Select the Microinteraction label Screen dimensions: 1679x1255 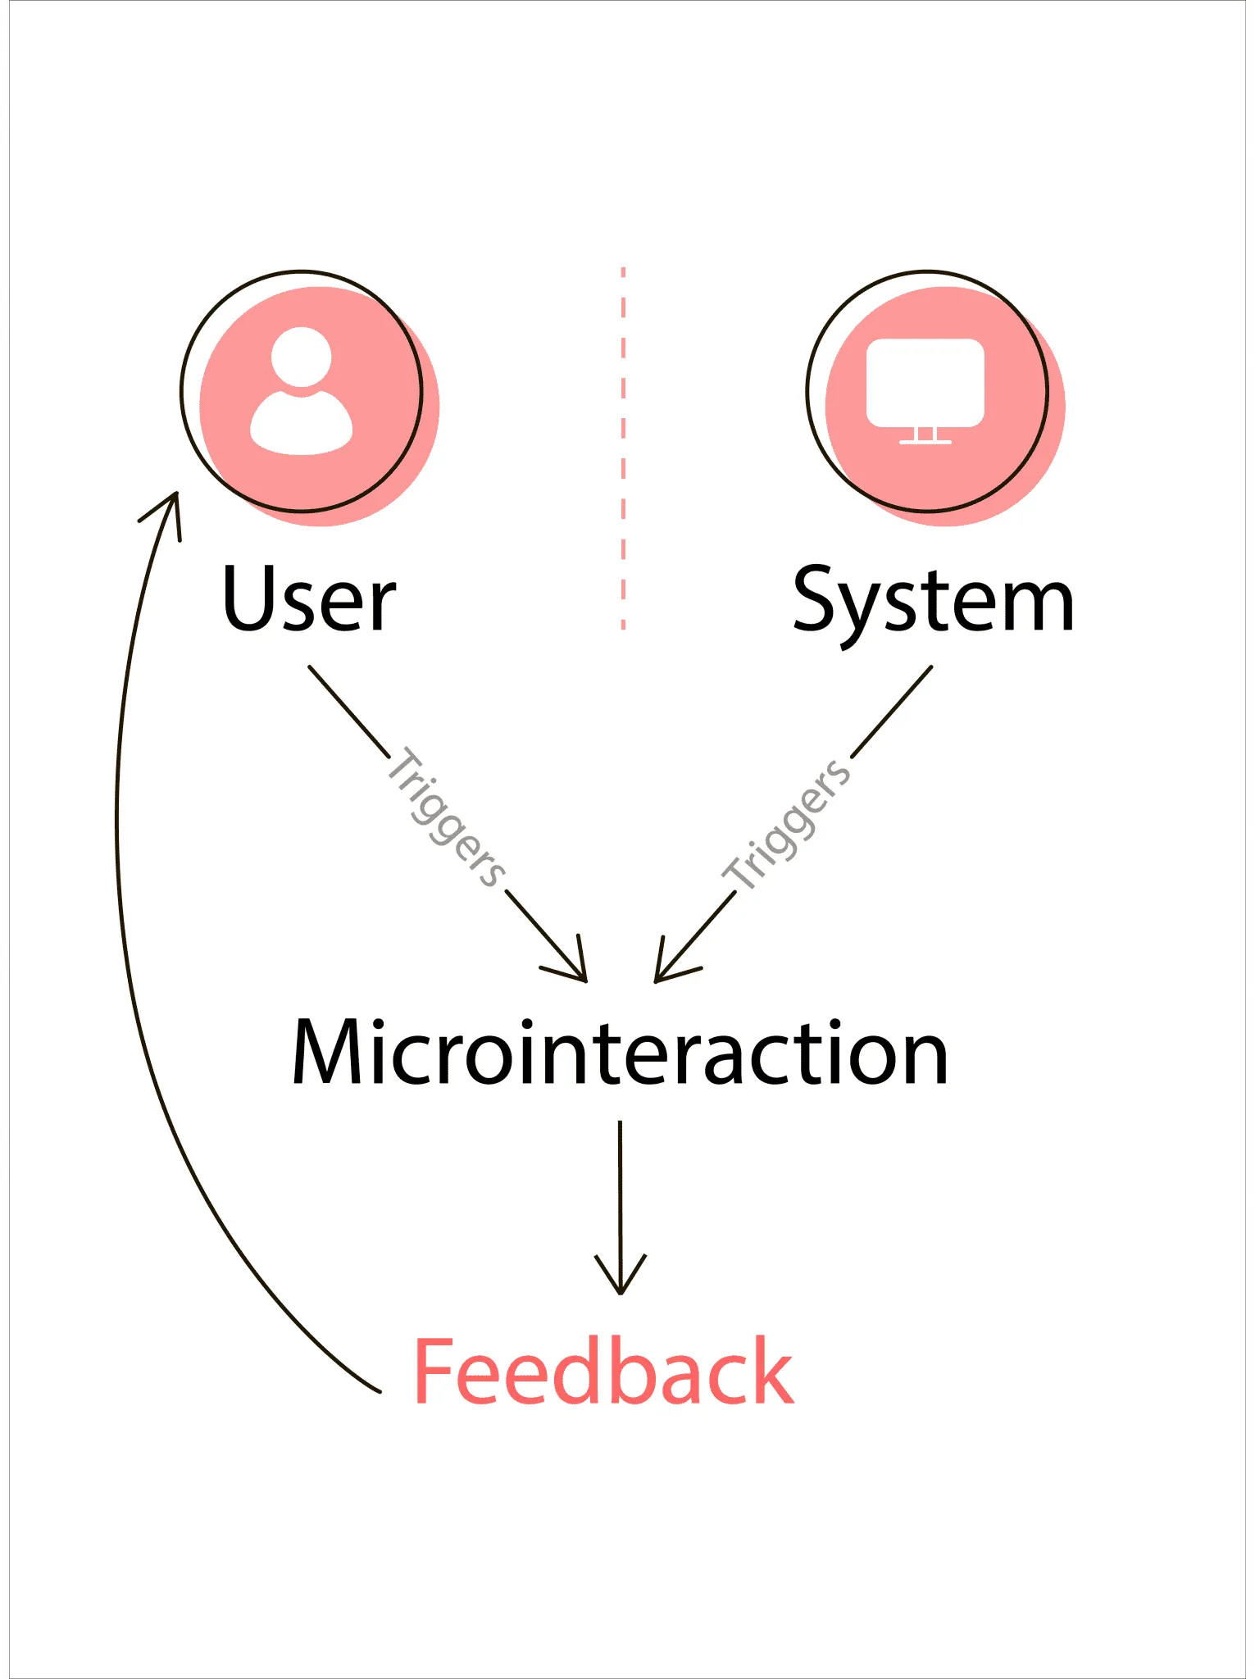(x=621, y=1053)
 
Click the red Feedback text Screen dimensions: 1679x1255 (x=603, y=1372)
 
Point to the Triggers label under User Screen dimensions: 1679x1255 (x=447, y=818)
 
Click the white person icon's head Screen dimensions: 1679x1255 (x=302, y=357)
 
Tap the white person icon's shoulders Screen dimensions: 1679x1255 (x=302, y=424)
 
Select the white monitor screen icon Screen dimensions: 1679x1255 (x=925, y=382)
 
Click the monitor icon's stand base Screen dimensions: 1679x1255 (x=925, y=442)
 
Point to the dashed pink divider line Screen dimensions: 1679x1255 (x=624, y=447)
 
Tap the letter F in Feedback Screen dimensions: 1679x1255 (x=434, y=1372)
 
